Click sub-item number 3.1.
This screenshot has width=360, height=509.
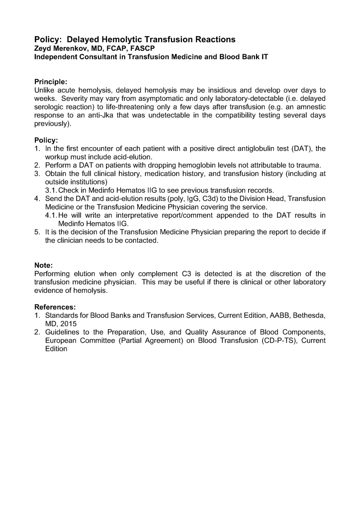click(x=51, y=190)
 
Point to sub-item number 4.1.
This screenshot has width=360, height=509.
click(x=51, y=215)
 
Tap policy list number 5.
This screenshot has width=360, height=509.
click(x=37, y=232)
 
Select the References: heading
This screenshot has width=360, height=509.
click(x=55, y=307)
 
